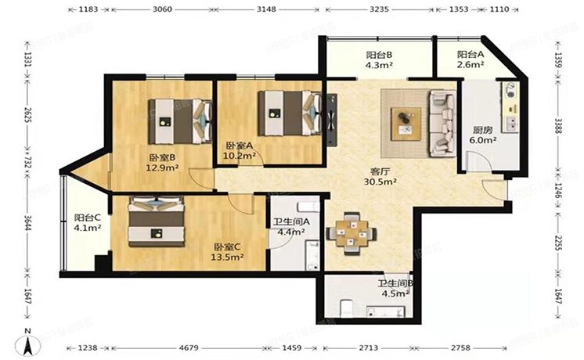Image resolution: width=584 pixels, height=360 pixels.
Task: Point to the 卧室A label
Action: (238, 146)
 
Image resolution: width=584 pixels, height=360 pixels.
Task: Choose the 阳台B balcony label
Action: (379, 56)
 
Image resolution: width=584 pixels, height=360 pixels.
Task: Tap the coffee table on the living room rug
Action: (406, 120)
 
